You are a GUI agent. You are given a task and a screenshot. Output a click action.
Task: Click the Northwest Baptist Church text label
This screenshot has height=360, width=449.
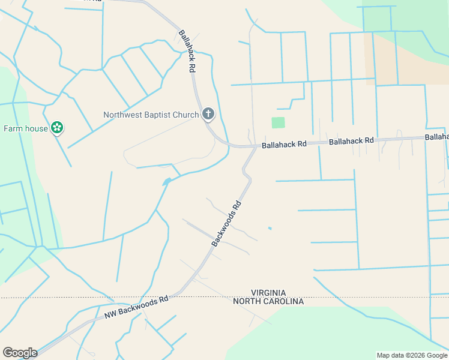[x=151, y=115]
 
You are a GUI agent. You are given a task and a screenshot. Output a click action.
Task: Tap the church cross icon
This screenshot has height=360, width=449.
[x=208, y=113]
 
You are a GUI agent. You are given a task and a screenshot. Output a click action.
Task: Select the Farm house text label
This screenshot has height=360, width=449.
[x=26, y=128]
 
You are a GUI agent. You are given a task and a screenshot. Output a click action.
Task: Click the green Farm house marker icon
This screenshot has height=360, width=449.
[x=58, y=127]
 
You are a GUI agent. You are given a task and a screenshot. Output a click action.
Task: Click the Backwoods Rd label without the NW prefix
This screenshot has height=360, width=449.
[x=226, y=223]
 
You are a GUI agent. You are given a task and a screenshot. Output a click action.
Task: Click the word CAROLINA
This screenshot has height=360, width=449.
[x=282, y=301]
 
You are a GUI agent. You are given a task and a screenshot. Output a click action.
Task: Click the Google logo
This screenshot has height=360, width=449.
[x=20, y=353]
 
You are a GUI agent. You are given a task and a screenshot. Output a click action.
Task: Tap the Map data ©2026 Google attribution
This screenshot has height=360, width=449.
[x=412, y=355]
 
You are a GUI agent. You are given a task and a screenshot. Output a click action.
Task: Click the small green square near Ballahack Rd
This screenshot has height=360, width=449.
[x=278, y=122]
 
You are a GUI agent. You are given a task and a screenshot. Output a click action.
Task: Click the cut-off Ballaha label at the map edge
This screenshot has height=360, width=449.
[x=437, y=137]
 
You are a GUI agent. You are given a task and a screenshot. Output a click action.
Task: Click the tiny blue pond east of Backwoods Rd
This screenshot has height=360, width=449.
[x=270, y=228]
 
